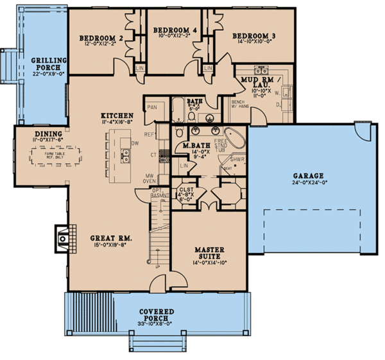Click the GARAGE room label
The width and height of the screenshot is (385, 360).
(309, 175)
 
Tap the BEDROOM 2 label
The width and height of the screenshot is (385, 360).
(101, 37)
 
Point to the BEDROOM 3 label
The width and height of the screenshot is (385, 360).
(254, 36)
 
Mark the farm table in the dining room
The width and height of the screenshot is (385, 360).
(57, 156)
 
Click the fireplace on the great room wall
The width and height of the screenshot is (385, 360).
(62, 238)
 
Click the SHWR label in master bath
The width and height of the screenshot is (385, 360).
(235, 159)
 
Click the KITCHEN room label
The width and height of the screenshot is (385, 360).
(117, 115)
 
